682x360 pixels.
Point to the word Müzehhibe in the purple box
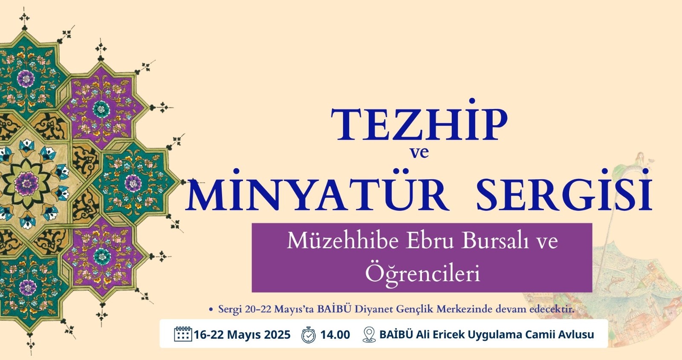click(343, 241)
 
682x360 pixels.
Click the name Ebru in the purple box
click(431, 241)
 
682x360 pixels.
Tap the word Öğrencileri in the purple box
click(422, 273)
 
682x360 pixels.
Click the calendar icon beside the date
click(183, 334)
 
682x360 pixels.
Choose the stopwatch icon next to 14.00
click(309, 334)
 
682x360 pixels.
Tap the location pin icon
click(369, 334)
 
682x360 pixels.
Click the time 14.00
click(335, 335)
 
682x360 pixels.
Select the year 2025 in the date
click(277, 335)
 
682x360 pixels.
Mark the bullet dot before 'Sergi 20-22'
click(211, 310)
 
